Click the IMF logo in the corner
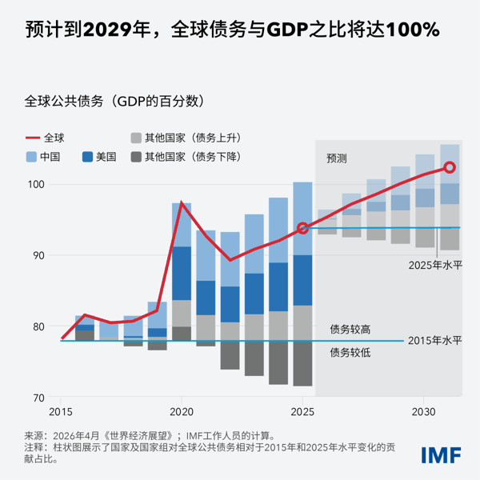point(441,454)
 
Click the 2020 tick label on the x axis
point(182,411)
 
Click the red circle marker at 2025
point(302,228)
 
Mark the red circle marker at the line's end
point(450,167)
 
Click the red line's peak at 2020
point(182,202)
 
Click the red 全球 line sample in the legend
point(32,137)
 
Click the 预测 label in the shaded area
point(337,158)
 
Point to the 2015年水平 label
point(434,341)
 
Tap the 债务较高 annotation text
point(350,329)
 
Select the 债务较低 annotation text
point(350,351)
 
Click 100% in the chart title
point(412,30)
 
